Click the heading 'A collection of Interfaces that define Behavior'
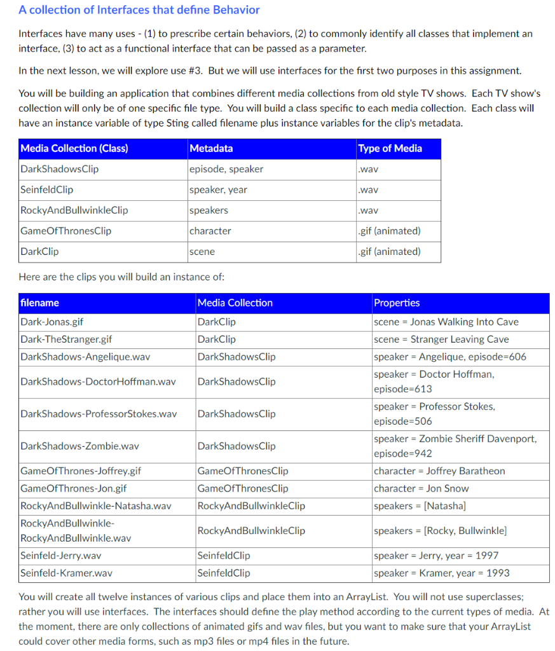139,10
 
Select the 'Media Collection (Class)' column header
74,149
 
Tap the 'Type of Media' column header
390,149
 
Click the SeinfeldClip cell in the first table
47,189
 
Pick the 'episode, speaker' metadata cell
226,169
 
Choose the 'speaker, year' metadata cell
219,189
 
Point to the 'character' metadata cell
210,231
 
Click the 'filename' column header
40,303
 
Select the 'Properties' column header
397,303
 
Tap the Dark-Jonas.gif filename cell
52,322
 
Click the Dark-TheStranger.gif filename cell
66,339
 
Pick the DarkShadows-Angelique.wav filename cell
85,357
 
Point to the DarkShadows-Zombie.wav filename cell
79,446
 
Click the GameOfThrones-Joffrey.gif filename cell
81,471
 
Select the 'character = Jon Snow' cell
421,488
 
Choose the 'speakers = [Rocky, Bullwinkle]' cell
440,530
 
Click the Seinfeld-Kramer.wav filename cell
67,573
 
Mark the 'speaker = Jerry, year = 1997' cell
436,556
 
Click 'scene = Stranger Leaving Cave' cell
441,339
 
